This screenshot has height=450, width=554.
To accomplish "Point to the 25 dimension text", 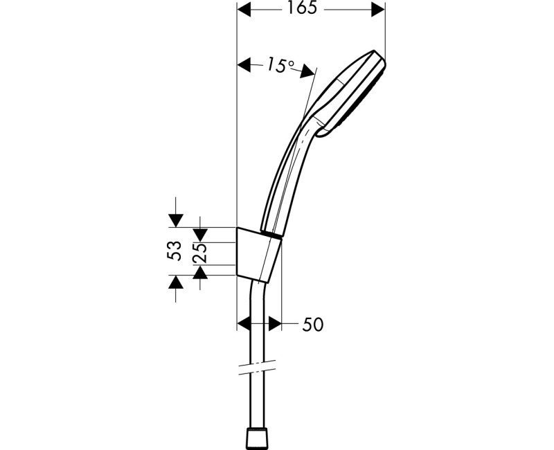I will pyautogui.click(x=200, y=253).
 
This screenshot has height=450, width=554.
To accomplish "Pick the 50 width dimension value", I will pyautogui.click(x=312, y=324).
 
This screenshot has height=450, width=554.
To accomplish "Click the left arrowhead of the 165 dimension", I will pyautogui.click(x=244, y=9).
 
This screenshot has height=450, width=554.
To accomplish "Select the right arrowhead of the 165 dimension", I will pyautogui.click(x=377, y=9).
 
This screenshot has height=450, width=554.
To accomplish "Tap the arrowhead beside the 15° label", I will pyautogui.click(x=244, y=66).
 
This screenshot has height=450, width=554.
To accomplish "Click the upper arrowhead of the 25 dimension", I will pyautogui.click(x=201, y=235).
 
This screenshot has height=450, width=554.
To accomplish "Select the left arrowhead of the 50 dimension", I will pyautogui.click(x=244, y=323).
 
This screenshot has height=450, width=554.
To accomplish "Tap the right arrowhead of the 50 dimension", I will pyautogui.click(x=275, y=323).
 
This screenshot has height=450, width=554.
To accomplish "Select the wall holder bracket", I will pyautogui.click(x=258, y=255).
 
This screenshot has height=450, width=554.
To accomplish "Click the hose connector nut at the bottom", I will pyautogui.click(x=259, y=438).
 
